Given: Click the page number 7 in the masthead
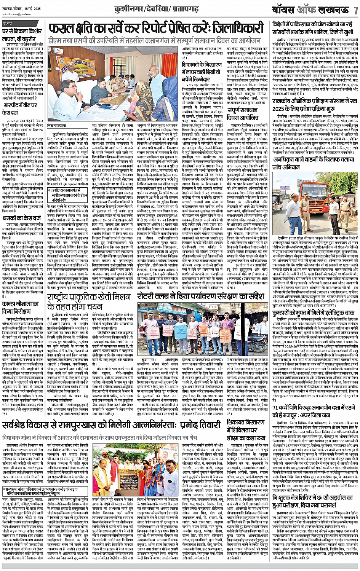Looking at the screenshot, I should click(x=355, y=10).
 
